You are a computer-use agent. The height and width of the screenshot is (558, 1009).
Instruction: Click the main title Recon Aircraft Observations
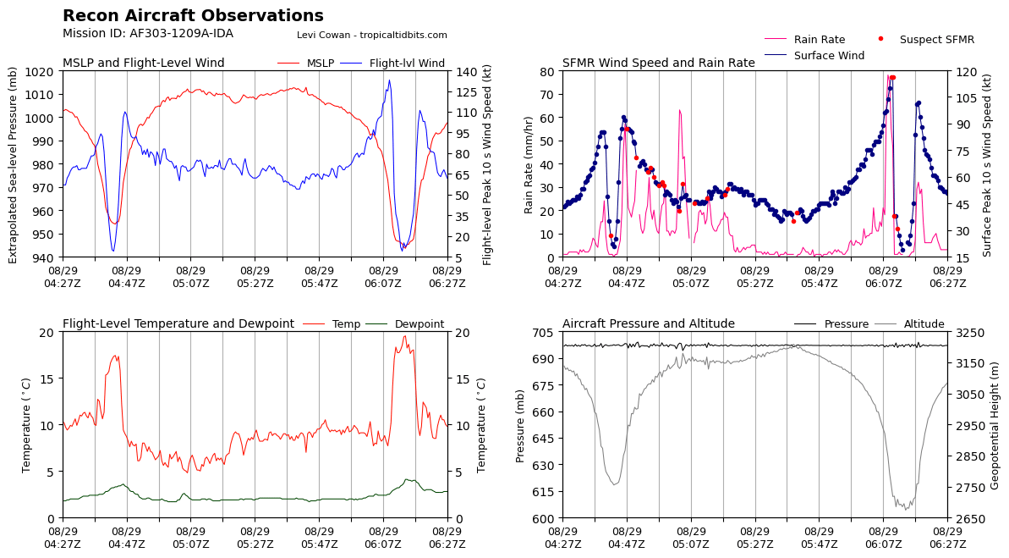click(193, 16)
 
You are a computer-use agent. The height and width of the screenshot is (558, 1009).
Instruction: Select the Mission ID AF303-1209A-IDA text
click(148, 34)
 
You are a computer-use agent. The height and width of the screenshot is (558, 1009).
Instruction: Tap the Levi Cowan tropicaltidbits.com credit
click(372, 36)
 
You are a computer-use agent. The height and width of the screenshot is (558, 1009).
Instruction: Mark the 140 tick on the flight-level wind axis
click(463, 72)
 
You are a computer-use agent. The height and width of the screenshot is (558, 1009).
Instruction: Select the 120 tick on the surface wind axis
click(963, 72)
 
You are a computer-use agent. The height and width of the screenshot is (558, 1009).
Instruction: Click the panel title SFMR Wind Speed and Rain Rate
click(658, 64)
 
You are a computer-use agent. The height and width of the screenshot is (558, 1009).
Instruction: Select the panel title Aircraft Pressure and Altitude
click(648, 324)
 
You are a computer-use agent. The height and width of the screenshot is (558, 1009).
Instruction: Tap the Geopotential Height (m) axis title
click(995, 424)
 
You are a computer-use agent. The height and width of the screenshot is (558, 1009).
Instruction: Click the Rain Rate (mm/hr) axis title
click(529, 163)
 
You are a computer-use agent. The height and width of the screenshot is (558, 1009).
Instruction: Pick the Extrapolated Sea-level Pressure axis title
click(14, 163)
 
